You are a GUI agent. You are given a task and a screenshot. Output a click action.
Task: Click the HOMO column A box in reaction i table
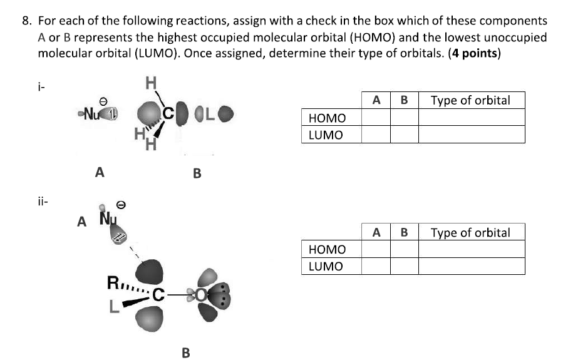[x=376, y=117]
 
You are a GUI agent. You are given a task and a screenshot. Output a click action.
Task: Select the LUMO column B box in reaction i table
[x=404, y=133]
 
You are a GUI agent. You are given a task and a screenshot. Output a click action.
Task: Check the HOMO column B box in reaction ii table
[x=404, y=250]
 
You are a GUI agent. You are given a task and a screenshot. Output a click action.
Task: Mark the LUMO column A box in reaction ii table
[x=376, y=266]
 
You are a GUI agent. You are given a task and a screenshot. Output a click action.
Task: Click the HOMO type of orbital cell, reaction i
[x=471, y=117]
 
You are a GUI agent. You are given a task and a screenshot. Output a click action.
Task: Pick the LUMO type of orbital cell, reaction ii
[x=471, y=266]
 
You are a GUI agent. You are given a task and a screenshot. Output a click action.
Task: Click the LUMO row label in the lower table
[x=326, y=266]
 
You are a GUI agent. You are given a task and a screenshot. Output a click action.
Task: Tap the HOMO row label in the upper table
[x=326, y=118]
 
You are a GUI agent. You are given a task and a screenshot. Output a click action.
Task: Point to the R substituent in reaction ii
[x=114, y=282]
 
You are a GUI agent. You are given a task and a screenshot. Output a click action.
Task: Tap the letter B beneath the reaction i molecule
[x=197, y=173]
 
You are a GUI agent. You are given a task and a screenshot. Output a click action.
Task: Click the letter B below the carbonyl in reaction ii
[x=185, y=352]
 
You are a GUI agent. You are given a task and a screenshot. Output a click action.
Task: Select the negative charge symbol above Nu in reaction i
[x=103, y=100]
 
